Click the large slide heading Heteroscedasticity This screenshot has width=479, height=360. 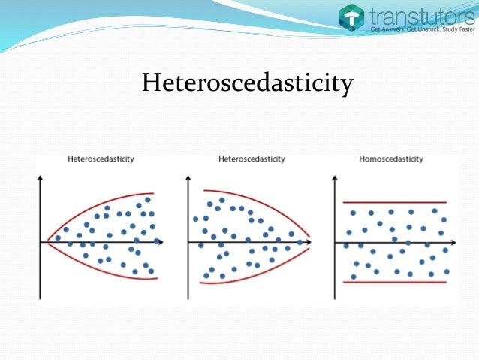(x=247, y=83)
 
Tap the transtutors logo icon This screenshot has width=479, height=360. (x=351, y=18)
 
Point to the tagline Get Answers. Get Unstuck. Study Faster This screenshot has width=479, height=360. (x=423, y=30)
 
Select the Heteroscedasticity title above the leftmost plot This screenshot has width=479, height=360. (x=101, y=159)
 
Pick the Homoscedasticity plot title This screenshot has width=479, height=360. (x=391, y=159)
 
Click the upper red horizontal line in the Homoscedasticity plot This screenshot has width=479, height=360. (x=394, y=202)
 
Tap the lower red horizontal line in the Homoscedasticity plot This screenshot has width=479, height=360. (x=394, y=282)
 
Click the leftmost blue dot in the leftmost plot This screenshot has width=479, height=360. (x=58, y=238)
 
